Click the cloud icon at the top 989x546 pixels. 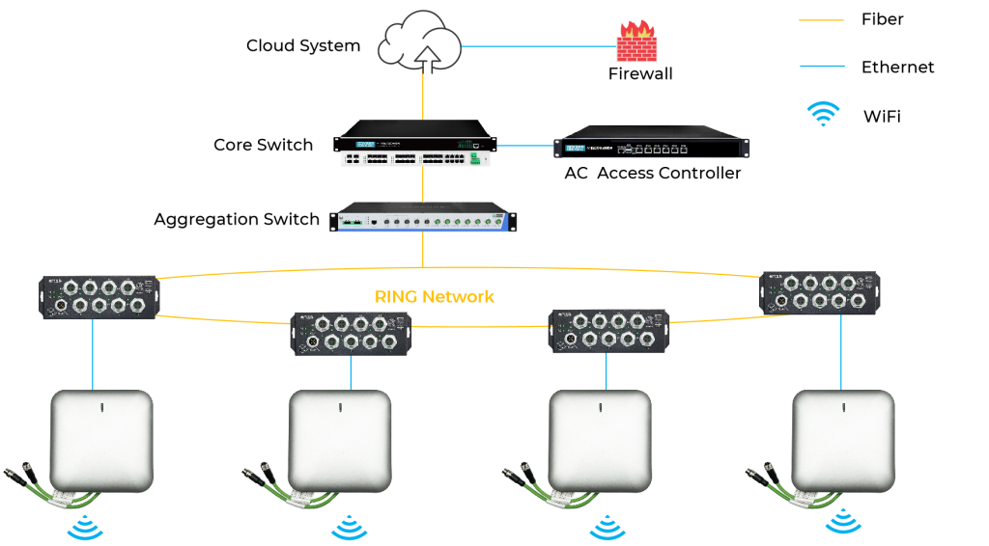(423, 41)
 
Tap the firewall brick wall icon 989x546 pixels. (636, 42)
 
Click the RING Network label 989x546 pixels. (434, 296)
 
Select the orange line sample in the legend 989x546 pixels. (822, 20)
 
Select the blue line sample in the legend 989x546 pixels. (822, 67)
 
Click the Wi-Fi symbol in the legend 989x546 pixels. (823, 114)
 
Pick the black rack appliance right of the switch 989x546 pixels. (651, 147)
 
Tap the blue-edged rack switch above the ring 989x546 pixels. (421, 218)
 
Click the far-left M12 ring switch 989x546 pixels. (99, 297)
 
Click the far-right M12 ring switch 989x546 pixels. (820, 291)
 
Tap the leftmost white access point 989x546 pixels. (102, 440)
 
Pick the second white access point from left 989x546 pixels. (340, 440)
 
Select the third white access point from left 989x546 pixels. (601, 440)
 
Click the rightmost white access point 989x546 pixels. (843, 440)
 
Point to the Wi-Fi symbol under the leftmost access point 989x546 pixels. (86, 528)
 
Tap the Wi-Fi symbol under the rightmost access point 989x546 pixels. (843, 521)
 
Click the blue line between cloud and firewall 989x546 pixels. (539, 45)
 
